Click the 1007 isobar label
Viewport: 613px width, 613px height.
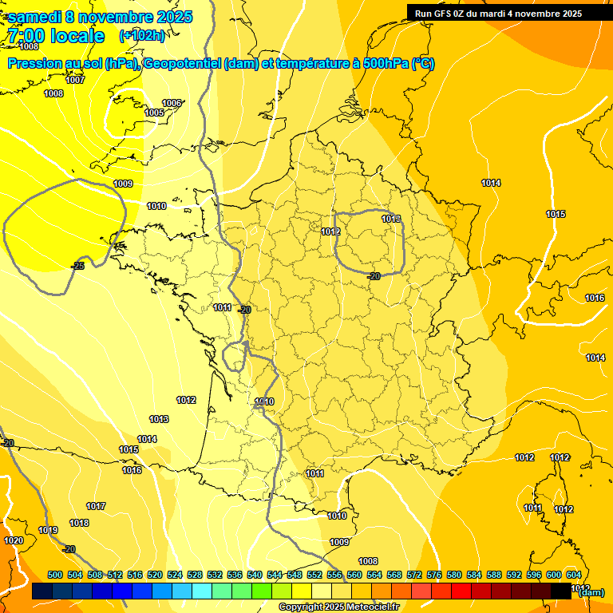point(75,80)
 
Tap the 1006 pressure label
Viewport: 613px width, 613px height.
point(172,103)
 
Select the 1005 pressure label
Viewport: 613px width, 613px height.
point(154,113)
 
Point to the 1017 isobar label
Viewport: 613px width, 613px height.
point(96,506)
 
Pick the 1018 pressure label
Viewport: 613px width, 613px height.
point(79,523)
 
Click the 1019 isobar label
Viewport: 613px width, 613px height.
point(48,530)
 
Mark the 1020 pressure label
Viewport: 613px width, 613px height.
point(14,540)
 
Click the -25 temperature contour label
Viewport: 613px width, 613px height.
point(77,266)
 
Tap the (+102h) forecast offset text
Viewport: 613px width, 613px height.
point(142,35)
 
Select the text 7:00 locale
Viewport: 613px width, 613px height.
point(56,36)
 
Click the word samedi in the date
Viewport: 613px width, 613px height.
point(36,17)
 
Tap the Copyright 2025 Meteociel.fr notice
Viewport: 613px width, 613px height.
point(338,607)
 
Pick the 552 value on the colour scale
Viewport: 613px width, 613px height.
point(314,575)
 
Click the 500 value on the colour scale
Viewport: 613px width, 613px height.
point(55,575)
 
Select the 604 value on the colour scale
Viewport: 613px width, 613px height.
point(574,575)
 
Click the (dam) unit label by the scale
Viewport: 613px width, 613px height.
point(591,592)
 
